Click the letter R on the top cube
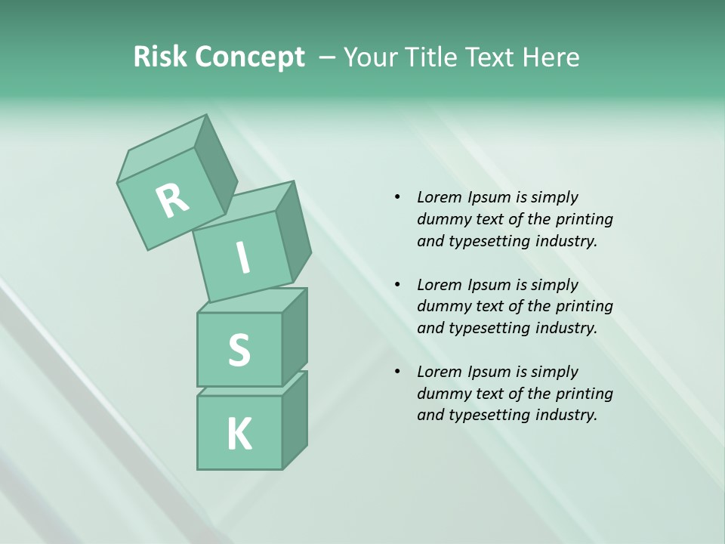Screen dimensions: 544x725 click(x=172, y=201)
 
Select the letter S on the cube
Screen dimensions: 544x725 click(x=239, y=350)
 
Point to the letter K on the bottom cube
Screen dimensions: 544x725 click(x=239, y=434)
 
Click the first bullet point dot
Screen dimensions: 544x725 click(x=397, y=197)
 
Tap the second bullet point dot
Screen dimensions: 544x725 click(x=397, y=285)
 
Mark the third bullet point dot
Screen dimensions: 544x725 click(x=397, y=372)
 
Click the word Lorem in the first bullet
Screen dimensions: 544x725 click(x=439, y=197)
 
